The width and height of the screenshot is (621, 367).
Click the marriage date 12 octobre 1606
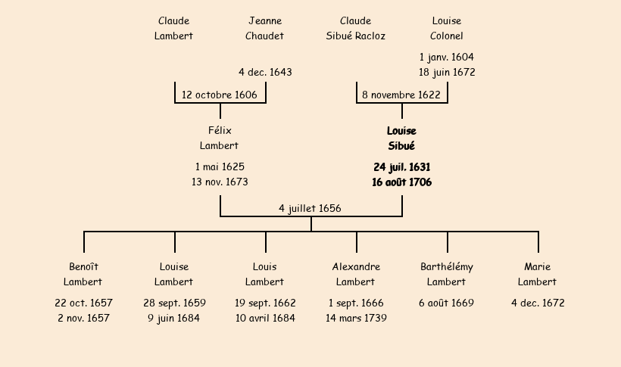point(220,95)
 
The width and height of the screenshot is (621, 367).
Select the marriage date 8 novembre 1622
point(401,95)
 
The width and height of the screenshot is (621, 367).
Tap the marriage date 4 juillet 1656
point(310,208)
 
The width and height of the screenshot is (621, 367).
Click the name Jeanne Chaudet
point(265,29)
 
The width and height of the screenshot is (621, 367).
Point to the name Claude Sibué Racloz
point(356,29)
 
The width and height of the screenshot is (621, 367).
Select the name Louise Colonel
point(447,29)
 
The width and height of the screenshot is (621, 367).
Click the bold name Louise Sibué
point(401,138)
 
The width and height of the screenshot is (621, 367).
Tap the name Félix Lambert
point(220,138)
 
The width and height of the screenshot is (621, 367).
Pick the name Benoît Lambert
point(83,275)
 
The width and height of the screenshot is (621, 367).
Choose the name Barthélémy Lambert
point(447,275)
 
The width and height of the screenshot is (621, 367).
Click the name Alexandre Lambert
point(356,275)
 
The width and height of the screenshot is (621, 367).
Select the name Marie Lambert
point(538,275)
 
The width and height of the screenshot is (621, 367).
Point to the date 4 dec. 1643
point(265,73)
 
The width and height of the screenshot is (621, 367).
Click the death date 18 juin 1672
point(447,73)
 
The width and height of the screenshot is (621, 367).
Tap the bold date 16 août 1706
point(402,182)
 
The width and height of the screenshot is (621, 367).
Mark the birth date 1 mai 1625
point(220,166)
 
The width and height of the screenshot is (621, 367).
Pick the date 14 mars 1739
point(356,319)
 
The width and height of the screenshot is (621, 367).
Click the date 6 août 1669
point(447,303)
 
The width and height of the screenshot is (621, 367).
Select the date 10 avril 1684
point(265,319)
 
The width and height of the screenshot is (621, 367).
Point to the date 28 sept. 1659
point(174,303)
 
